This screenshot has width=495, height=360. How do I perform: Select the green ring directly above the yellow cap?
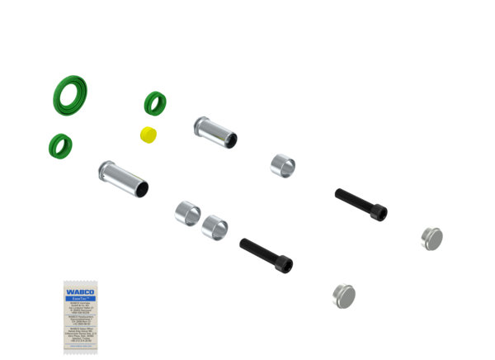(x=155, y=102)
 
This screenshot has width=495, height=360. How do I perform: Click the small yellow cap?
(x=148, y=135)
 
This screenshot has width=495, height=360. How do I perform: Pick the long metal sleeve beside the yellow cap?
(x=216, y=132)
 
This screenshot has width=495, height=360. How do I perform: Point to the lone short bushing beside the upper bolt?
(x=283, y=163)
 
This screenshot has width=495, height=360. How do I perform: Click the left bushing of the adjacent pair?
(x=186, y=213)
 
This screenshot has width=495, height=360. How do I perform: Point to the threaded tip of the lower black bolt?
(x=243, y=243)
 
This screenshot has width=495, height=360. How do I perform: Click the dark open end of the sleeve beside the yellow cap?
(x=234, y=140)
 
